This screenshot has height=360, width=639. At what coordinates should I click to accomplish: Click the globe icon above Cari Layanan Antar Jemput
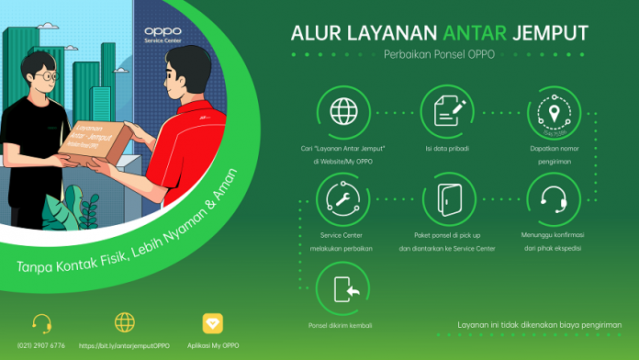click(344, 113)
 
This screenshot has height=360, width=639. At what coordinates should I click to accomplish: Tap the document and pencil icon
click(448, 113)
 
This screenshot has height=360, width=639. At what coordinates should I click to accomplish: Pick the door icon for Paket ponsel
click(448, 199)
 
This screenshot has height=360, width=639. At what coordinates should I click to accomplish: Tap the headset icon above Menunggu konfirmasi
click(553, 199)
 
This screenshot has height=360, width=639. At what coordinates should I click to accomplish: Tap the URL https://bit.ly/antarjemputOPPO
click(125, 345)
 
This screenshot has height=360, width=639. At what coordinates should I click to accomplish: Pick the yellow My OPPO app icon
click(211, 323)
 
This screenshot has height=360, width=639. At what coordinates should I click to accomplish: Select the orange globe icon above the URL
click(125, 323)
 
